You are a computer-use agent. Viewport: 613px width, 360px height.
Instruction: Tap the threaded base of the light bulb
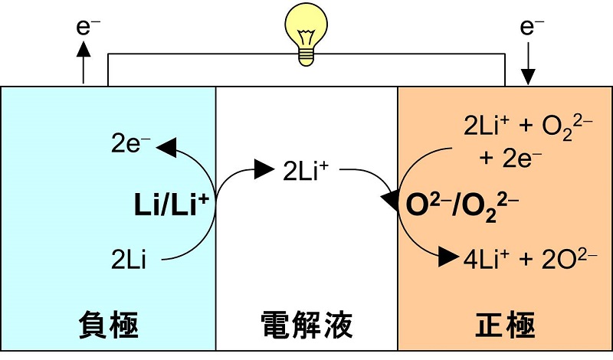coord(306,56)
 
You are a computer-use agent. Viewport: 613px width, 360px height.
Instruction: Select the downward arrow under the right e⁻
coord(528,64)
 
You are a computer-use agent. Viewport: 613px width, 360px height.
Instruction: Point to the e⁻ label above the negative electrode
coord(87,27)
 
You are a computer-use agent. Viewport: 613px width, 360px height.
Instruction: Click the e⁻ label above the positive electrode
coord(532,27)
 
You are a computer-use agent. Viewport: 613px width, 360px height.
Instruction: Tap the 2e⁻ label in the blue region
coord(130,143)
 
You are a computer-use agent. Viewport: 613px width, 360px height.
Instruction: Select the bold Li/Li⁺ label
coord(171,205)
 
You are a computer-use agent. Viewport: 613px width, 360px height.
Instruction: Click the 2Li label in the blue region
coord(128,259)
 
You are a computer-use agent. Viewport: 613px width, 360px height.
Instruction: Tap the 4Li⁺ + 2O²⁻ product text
coord(530,258)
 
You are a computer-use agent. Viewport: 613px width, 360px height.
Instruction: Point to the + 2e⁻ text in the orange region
coord(510,158)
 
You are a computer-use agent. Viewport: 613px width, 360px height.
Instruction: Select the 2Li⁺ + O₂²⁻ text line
coord(528,126)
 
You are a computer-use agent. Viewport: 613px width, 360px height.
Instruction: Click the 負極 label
coord(108,325)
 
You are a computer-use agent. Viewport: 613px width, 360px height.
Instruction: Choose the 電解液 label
coord(306,325)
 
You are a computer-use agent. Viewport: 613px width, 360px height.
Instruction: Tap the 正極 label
coord(505,325)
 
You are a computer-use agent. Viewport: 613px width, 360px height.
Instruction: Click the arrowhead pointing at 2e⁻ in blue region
coord(166,147)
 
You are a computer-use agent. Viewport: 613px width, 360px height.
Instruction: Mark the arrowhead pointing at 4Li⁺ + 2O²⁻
coord(448,257)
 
